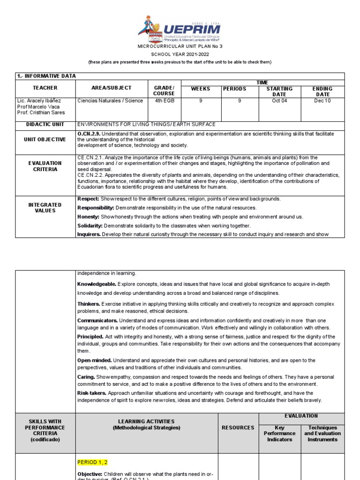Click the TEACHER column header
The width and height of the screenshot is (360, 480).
(45, 88)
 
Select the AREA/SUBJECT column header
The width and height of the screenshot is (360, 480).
(112, 88)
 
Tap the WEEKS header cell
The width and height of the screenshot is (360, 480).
(201, 89)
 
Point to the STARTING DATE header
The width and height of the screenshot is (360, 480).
(279, 91)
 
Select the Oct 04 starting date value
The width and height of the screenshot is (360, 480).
(279, 101)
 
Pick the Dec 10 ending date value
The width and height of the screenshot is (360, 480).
(322, 101)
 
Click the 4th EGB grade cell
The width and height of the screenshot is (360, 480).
(164, 101)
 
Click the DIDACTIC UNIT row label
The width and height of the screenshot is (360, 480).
(45, 124)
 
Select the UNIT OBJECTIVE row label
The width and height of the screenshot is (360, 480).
(45, 139)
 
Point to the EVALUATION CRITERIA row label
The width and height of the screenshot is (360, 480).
(45, 166)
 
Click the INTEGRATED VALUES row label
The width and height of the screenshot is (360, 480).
(45, 208)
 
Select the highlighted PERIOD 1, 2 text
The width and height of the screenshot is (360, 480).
(92, 462)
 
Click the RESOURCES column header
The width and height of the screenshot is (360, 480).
(238, 427)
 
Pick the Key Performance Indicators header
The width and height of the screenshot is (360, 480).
(279, 434)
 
